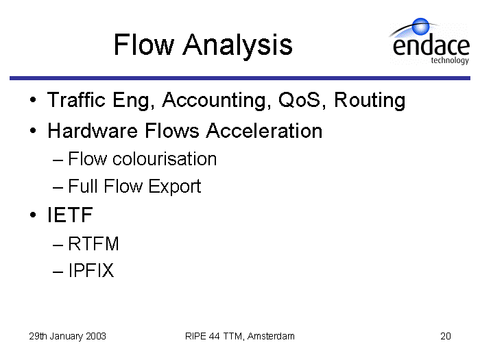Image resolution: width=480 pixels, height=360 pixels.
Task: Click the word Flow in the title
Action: tap(144, 45)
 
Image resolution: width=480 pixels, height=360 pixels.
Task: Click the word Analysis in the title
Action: tap(237, 46)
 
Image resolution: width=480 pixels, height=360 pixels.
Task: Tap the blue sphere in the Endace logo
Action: tap(420, 26)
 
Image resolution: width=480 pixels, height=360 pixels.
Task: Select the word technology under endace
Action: tap(450, 60)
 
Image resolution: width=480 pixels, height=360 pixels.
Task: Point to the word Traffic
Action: tap(76, 100)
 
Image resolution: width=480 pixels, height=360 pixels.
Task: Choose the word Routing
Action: tap(370, 101)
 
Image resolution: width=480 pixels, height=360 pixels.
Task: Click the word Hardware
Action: tap(93, 131)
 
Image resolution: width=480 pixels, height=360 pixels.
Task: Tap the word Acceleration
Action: tap(264, 131)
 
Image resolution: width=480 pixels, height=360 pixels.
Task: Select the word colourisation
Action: tap(165, 158)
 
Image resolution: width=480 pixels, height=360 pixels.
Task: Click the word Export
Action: tap(174, 187)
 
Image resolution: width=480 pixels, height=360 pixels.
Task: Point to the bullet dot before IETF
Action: tap(33, 215)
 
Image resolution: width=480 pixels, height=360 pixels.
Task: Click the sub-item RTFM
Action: tap(93, 243)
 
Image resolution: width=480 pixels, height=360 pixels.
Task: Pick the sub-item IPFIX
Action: tap(91, 270)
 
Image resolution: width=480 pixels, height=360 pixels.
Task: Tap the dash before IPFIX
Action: tap(58, 272)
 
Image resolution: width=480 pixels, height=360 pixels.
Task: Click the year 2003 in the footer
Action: tap(96, 336)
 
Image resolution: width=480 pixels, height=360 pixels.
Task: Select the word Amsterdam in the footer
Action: tap(271, 336)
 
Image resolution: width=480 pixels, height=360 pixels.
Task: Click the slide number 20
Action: tap(446, 336)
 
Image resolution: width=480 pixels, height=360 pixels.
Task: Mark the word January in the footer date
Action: tap(66, 337)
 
